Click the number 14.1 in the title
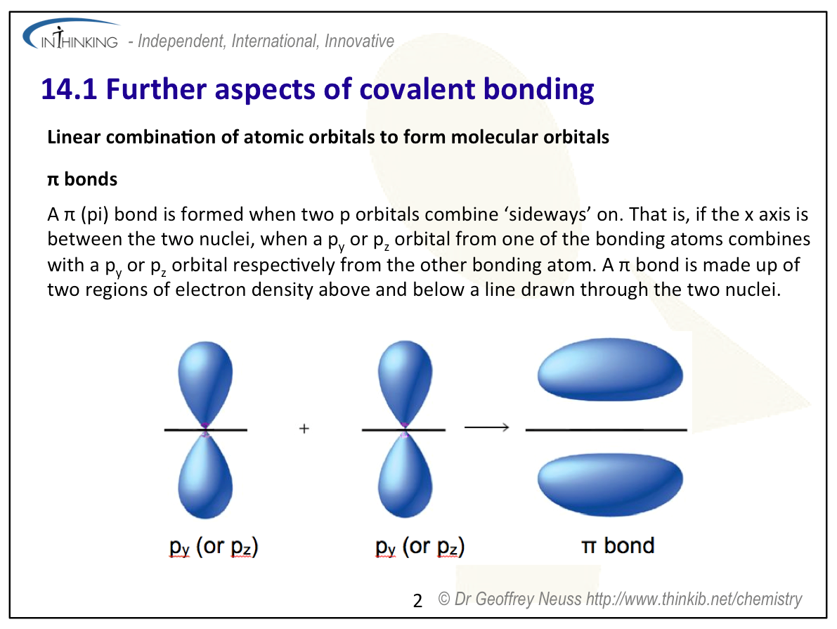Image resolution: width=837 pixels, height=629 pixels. coord(69,89)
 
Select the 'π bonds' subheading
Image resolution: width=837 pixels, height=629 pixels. coord(82,179)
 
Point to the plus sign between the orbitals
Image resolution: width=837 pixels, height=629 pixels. coord(304,428)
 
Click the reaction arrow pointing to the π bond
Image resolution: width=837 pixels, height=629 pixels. coord(487,427)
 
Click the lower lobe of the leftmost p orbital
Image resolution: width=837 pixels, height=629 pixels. coord(205,475)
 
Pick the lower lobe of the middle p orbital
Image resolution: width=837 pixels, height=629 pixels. coord(405,475)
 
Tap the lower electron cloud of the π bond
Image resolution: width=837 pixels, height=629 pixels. coord(610,484)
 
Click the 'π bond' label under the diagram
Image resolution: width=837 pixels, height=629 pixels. coord(618,545)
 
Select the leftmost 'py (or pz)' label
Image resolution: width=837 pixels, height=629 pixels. coord(214,547)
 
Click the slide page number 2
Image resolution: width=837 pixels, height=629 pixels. coord(417,601)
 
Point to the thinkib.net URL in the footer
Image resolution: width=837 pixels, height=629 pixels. coord(694,599)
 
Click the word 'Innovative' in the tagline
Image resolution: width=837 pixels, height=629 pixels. coord(359,41)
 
